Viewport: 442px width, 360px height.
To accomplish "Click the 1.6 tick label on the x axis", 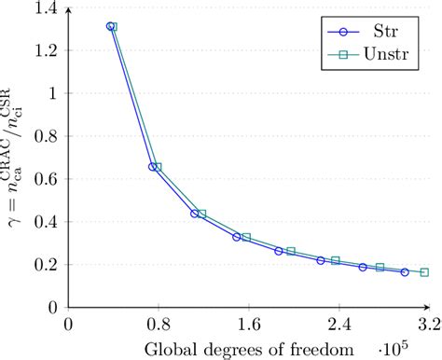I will (247, 326).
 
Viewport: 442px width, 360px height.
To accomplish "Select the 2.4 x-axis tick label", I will (338, 326).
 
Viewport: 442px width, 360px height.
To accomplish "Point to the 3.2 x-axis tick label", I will (427, 326).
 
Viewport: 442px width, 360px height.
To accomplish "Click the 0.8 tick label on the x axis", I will (158, 326).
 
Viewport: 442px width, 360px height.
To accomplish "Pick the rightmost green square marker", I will (424, 272).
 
